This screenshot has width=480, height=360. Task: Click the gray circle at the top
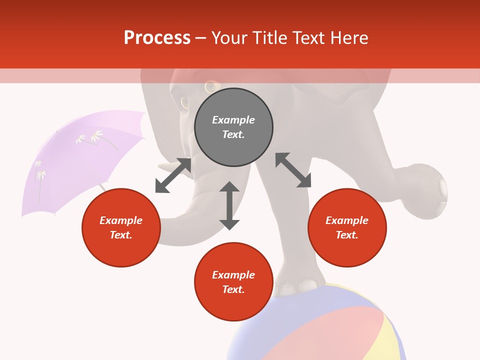click(x=233, y=127)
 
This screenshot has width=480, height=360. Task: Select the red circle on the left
click(x=121, y=227)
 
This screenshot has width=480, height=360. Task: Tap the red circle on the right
click(x=347, y=227)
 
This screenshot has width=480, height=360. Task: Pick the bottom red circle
click(x=233, y=282)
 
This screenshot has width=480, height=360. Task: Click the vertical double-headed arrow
click(x=229, y=205)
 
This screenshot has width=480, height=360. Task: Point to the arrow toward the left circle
click(x=173, y=175)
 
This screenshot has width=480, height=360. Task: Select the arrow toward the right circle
click(x=293, y=170)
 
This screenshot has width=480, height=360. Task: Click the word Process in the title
click(x=157, y=37)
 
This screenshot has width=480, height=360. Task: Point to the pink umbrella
click(x=80, y=160)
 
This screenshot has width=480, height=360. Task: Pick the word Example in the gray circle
click(x=233, y=120)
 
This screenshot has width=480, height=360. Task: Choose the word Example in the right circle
click(x=347, y=220)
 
